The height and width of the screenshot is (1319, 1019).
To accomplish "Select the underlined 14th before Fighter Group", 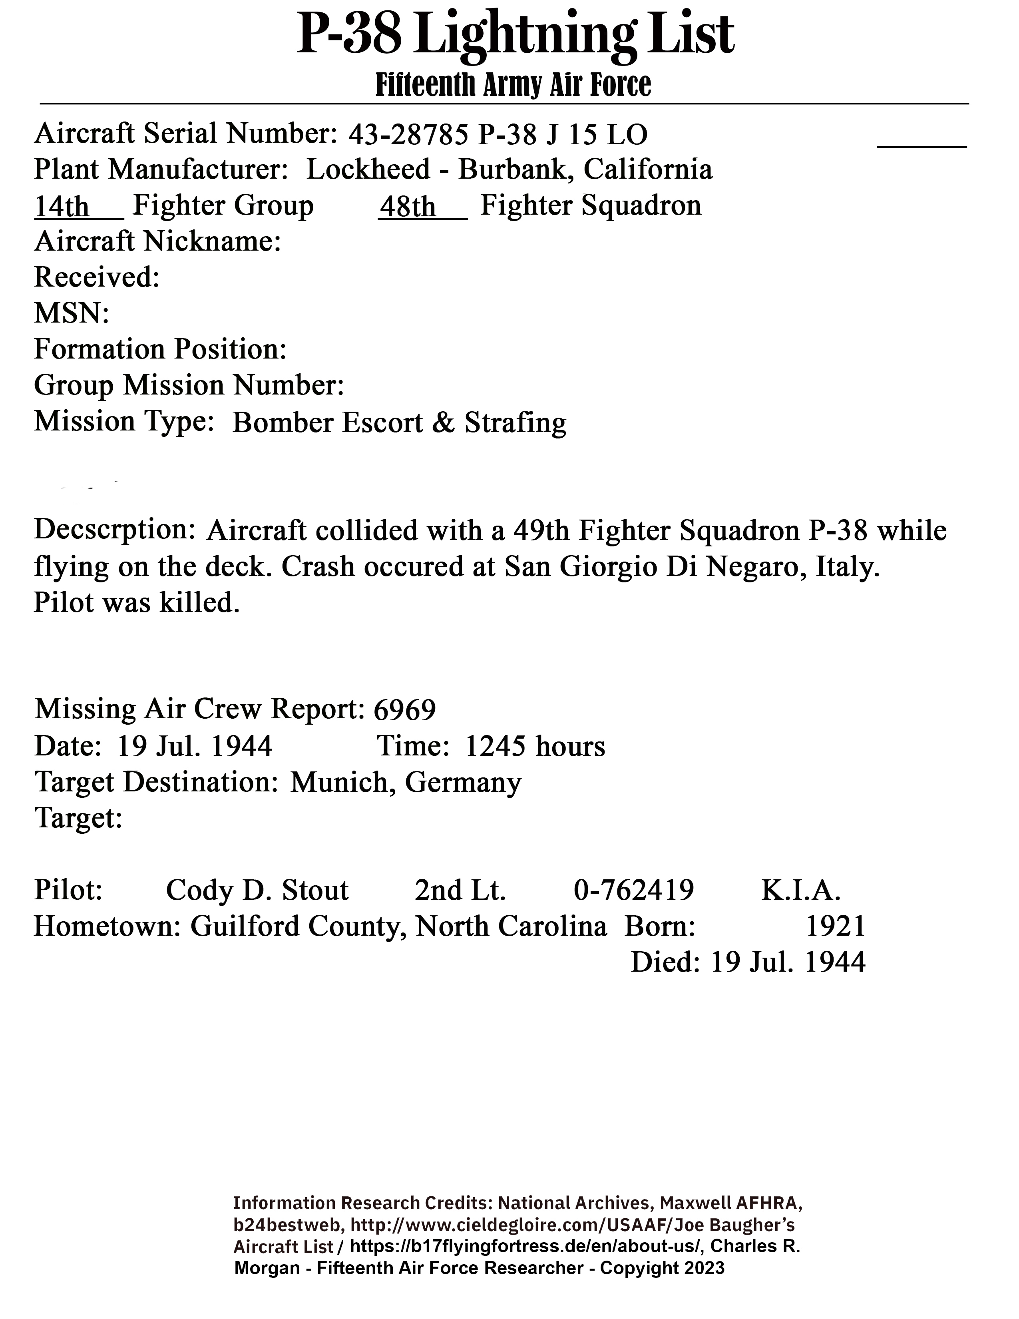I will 62,207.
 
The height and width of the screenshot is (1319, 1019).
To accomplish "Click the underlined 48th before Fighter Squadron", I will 408,207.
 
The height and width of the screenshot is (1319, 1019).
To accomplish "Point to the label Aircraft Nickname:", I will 157,241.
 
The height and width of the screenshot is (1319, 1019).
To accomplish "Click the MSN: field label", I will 71,313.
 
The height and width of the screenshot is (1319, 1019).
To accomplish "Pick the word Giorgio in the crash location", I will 609,566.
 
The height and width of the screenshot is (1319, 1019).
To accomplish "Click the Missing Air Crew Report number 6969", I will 404,709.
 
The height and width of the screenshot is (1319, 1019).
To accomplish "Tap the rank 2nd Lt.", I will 460,890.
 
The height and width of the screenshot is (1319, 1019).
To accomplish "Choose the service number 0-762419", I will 633,890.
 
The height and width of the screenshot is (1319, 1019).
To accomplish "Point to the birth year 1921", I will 836,926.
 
